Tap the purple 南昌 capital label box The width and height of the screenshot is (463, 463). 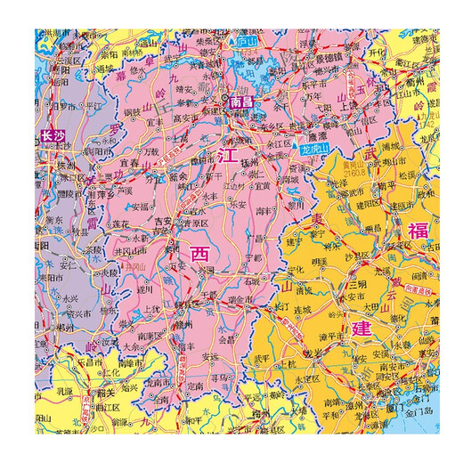click(x=241, y=103)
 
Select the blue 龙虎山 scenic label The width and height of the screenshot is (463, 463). click(x=314, y=150)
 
